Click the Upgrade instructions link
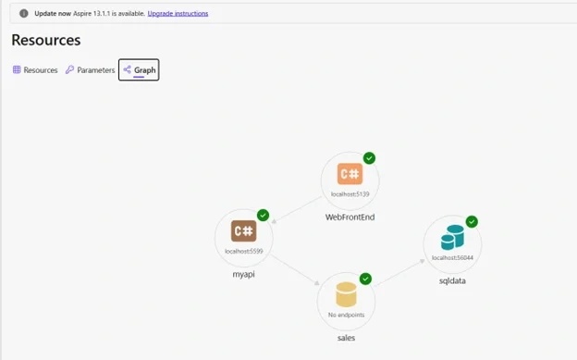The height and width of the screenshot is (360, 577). point(178,14)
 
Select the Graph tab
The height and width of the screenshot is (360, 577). point(139,69)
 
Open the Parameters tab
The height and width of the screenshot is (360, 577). point(91,70)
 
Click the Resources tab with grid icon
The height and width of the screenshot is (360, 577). point(35,70)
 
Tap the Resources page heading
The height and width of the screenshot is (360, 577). point(46,40)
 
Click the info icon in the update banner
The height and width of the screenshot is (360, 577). point(24,14)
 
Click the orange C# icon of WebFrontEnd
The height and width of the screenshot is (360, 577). point(350,174)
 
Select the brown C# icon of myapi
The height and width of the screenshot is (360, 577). point(243,231)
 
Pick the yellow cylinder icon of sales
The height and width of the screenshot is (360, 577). point(346,294)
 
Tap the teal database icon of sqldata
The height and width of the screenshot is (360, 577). point(452,238)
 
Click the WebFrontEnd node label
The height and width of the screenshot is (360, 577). point(350,217)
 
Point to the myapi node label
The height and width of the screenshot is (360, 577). point(243,275)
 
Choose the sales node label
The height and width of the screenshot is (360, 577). point(346,338)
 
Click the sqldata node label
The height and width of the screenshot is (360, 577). point(452,280)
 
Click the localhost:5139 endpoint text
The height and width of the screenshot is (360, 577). point(350,194)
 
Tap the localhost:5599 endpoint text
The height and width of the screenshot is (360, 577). point(244,252)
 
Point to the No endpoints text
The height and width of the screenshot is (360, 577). point(346,315)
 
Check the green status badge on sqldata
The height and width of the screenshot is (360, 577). point(472,222)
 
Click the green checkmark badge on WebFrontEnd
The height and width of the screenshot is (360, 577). point(369,158)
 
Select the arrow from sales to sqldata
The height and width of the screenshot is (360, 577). point(400,273)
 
